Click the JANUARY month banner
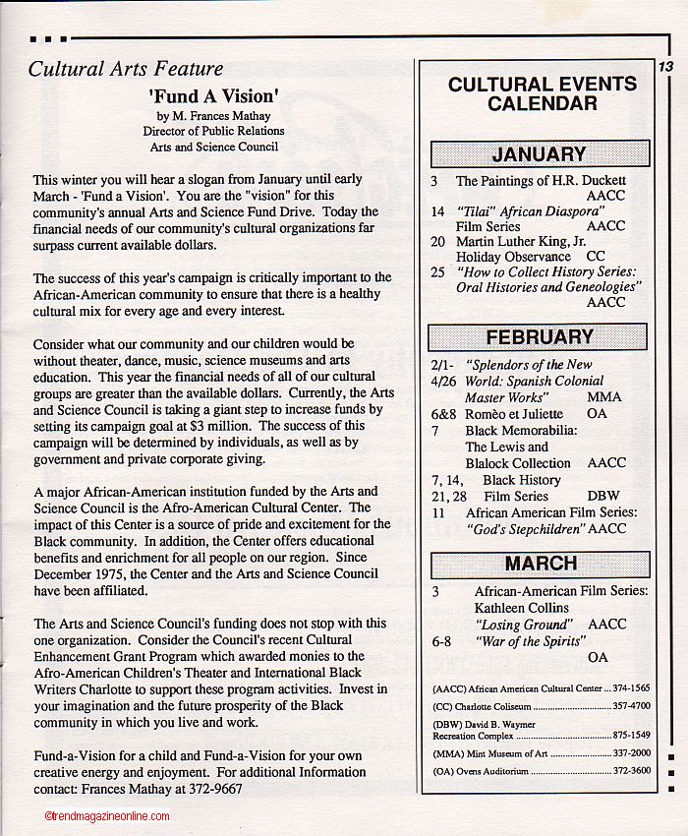point(539,153)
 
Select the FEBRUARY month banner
point(539,336)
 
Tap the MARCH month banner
point(540,564)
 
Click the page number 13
point(665,67)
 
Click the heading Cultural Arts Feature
point(126,69)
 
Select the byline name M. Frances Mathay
point(213,115)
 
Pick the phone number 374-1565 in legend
point(632,689)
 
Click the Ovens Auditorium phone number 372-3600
point(632,771)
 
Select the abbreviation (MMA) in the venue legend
point(447,752)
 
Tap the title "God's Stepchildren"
point(525,529)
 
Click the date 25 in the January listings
point(437,270)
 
